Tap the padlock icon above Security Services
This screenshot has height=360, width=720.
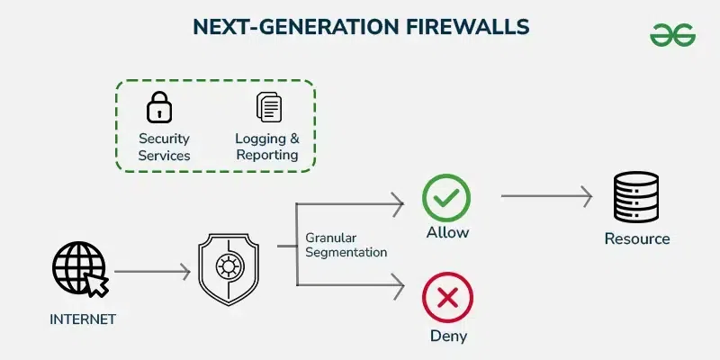[159, 108]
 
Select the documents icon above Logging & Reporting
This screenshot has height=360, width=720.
[268, 108]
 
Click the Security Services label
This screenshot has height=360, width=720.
[164, 147]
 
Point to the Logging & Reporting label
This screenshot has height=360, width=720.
[266, 147]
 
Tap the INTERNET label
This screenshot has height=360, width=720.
[82, 319]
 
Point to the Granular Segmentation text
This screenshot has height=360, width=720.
[346, 246]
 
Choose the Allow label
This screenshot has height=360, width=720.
[447, 233]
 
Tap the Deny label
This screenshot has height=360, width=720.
[447, 337]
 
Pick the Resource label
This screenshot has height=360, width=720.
[637, 239]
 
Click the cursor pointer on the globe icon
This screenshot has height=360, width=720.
[96, 284]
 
